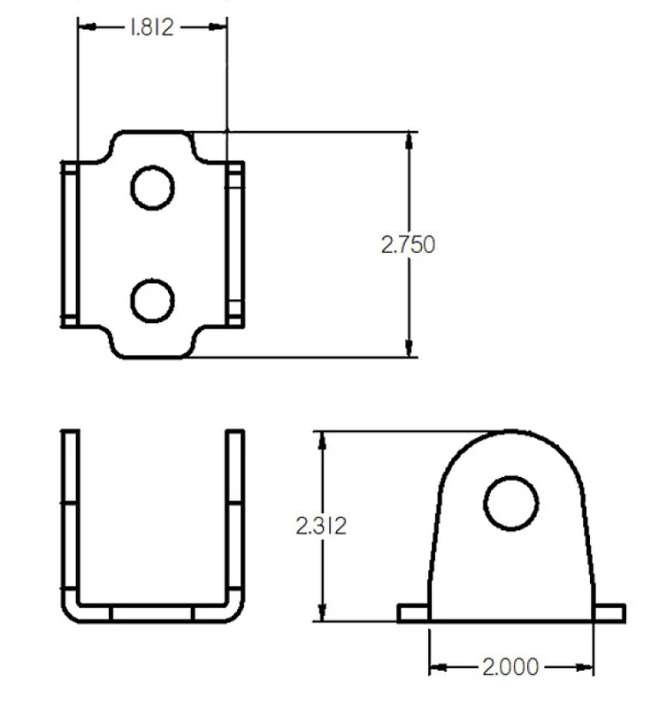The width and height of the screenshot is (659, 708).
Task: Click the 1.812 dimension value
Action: coord(151,27)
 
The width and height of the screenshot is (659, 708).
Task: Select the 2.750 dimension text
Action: coord(408,245)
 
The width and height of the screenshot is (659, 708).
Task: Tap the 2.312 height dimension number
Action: coord(321,526)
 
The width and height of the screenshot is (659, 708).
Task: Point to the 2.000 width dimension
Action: coord(510,667)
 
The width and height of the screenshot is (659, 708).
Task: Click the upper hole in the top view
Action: coord(152,188)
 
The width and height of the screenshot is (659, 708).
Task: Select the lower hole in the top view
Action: coord(152,301)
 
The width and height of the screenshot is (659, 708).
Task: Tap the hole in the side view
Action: coord(511,503)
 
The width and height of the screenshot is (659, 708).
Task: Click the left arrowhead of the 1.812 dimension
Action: coord(87,27)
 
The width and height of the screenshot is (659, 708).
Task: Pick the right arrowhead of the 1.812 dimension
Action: coord(218,27)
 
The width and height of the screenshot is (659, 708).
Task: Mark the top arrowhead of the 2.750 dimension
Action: coord(409,141)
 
